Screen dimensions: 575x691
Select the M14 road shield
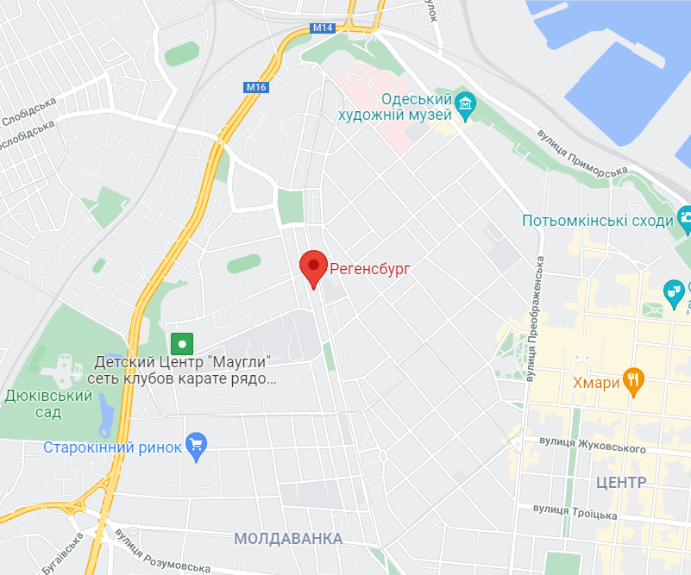pyautogui.click(x=323, y=28)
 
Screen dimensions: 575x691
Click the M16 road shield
pyautogui.click(x=256, y=87)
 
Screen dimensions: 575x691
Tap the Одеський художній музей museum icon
pyautogui.click(x=466, y=106)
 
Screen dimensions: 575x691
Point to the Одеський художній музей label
pyautogui.click(x=394, y=107)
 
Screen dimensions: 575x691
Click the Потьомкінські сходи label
pyautogui.click(x=597, y=221)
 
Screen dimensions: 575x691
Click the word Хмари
pyautogui.click(x=596, y=383)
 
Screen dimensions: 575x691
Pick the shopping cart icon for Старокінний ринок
pyautogui.click(x=198, y=446)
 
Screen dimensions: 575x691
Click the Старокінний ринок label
pyautogui.click(x=113, y=447)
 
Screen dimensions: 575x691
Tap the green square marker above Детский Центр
pyautogui.click(x=181, y=343)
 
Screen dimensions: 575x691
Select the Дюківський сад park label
pyautogui.click(x=48, y=403)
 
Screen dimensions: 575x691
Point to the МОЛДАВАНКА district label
pyautogui.click(x=288, y=539)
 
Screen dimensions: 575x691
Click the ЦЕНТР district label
pyautogui.click(x=621, y=480)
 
